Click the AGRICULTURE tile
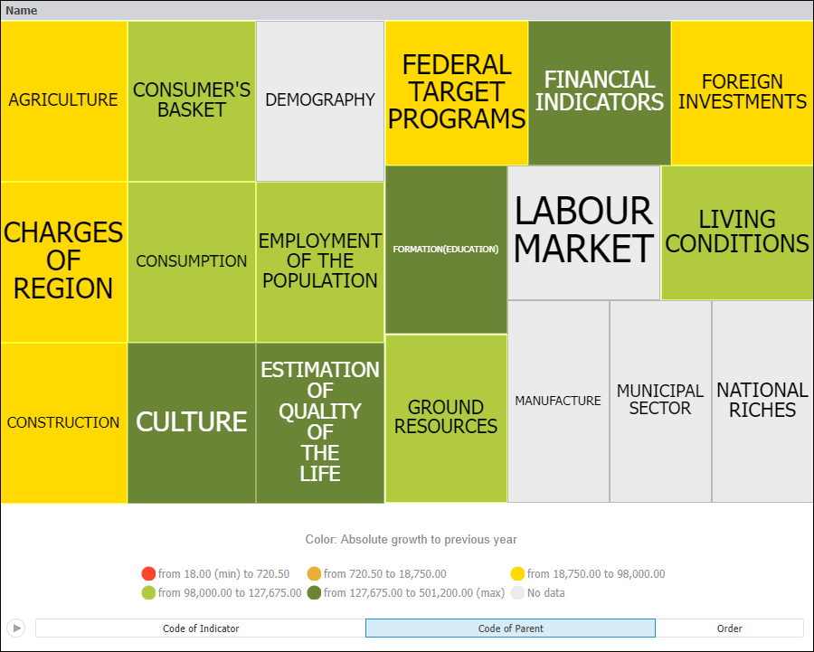63,100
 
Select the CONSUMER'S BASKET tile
192,100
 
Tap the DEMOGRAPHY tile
320,100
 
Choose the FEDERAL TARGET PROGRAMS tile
457,92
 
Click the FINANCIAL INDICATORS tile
599,92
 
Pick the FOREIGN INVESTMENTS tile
742,92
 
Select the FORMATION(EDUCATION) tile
446,250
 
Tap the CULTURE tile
192,422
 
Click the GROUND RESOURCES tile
446,417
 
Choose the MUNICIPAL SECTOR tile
660,400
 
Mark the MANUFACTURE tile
558,401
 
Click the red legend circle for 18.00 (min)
149,574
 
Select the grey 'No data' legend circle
517,593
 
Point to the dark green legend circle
315,593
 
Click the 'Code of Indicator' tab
201,628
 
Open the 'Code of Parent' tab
510,628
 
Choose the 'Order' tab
729,628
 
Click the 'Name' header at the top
22,11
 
